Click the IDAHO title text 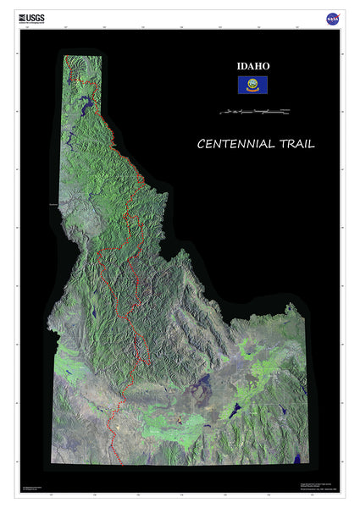coord(252,65)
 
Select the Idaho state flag coord(252,85)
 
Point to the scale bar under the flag coord(253,111)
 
